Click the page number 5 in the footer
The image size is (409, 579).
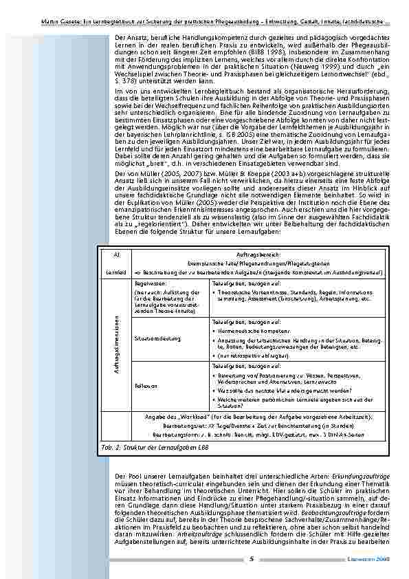coord(252,558)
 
